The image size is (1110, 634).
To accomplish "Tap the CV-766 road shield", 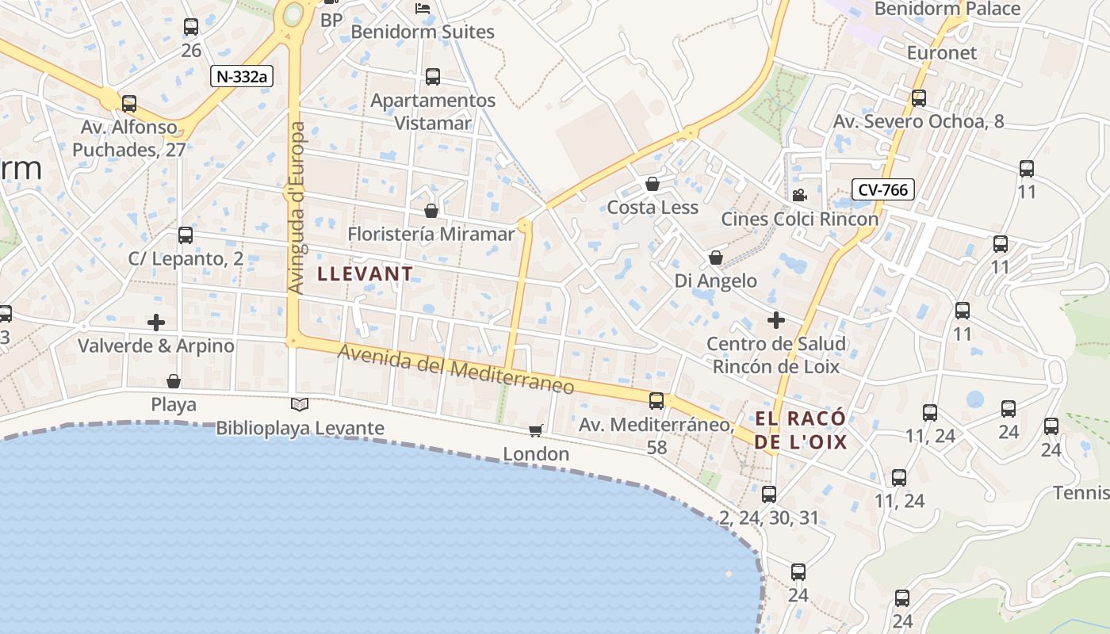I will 883,189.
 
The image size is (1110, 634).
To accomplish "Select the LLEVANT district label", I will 365,274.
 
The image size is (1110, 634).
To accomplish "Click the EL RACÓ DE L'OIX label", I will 800,430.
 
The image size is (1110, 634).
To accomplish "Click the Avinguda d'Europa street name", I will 297,208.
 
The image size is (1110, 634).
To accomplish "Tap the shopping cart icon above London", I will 536,430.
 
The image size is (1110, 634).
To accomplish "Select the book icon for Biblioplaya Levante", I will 300,405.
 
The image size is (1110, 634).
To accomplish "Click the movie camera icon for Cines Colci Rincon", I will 799,195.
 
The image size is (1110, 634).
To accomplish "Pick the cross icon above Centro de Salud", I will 776,320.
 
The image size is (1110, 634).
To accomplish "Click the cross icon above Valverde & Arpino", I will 156,323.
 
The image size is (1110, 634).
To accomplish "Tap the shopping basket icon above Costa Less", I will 653,184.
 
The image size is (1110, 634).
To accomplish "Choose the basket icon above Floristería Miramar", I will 431,211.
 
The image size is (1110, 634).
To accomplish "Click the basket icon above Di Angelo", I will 715,258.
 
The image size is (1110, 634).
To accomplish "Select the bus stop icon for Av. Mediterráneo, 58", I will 656,401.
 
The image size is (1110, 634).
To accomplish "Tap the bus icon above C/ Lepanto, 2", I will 186,235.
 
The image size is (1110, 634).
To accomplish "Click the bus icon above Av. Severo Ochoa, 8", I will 919,98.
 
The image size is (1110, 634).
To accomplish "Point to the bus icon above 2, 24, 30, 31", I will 768,495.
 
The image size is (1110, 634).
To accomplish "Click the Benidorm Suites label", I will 423,32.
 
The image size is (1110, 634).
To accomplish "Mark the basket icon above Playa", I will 174,381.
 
